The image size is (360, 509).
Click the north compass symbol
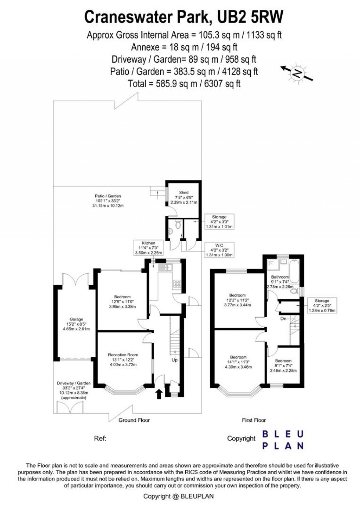tap(297, 72)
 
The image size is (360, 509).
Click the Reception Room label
tap(123, 360)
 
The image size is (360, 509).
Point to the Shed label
tap(184, 197)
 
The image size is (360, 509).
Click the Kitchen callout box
tap(149, 248)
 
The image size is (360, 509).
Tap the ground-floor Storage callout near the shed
tap(219, 222)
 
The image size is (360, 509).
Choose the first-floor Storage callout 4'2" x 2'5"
tap(322, 305)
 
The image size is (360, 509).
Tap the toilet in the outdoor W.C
tap(178, 224)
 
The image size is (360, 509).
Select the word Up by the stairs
tap(174, 360)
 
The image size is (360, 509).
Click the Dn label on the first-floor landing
tap(283, 319)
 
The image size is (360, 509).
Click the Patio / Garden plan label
tap(108, 201)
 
